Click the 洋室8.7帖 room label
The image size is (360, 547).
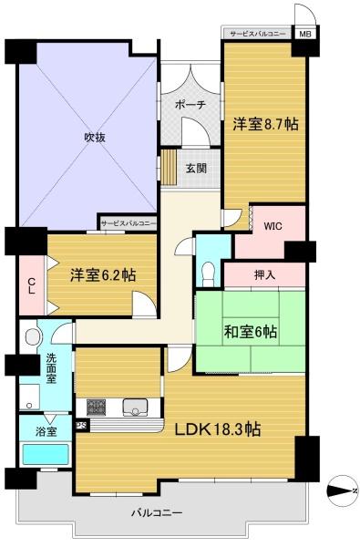point(265,124)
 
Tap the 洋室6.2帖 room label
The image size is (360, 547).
point(103,275)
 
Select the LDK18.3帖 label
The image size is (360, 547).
point(218,429)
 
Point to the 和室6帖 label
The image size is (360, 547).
point(251,332)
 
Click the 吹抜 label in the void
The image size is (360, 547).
point(95,138)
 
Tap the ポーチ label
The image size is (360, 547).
point(190,105)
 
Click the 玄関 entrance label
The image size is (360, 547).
point(196,169)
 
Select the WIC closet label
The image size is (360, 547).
point(273,226)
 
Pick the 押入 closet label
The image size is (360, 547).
point(265,275)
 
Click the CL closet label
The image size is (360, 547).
point(31,285)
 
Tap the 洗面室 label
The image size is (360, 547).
point(51,368)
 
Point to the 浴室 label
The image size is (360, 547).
point(46,431)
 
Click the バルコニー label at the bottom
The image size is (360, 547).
point(157,512)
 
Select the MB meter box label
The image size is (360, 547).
point(305,35)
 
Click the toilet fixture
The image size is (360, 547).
point(209,274)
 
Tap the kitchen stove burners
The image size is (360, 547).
point(97,408)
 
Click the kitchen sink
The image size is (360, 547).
point(136,408)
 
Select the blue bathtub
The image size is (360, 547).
point(46,455)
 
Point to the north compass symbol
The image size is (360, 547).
point(342,490)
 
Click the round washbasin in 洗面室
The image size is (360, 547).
point(33,337)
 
